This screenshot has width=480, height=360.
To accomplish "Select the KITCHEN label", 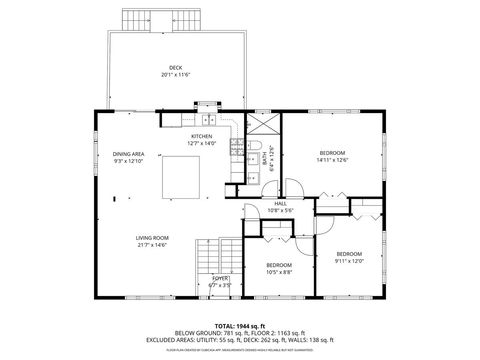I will pos(202,136).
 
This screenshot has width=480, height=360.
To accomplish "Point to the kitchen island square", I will pos(184,176).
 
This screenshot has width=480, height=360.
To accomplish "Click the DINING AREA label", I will pos(129,154).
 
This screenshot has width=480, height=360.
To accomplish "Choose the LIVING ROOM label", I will pos(152,238).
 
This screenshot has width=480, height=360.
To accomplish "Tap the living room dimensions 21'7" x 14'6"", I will pos(152,245).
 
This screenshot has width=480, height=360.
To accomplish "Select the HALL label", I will pos(281,203).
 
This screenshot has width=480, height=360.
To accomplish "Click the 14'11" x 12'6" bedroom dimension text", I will pos(331,159).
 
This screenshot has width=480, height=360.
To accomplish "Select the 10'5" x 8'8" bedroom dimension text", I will pos(278,272).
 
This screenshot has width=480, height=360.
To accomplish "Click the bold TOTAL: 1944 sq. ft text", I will pos(240,326).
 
